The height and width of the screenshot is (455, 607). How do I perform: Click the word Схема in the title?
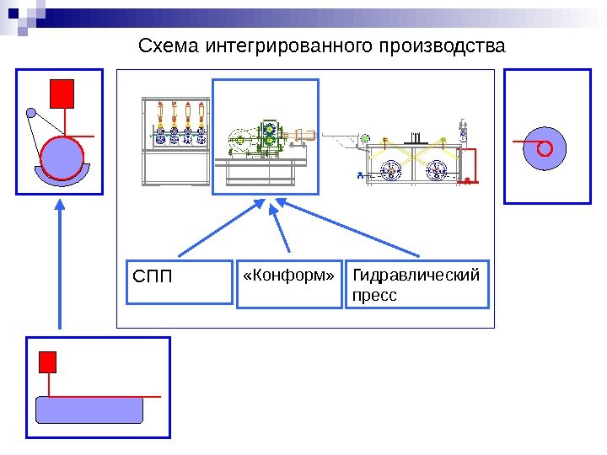tap(168, 45)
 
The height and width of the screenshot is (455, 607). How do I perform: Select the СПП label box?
tap(178, 281)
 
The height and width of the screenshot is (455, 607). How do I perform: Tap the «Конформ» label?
tap(288, 276)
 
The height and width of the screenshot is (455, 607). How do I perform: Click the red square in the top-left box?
tap(62, 94)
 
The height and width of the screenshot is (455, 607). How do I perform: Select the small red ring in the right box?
tap(545, 149)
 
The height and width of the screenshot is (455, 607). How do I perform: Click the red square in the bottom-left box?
tap(48, 362)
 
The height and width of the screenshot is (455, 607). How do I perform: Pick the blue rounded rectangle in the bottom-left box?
tap(89, 410)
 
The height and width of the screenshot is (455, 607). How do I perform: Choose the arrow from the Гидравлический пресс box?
tap(350, 228)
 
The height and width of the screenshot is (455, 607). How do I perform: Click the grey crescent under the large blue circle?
tap(61, 179)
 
